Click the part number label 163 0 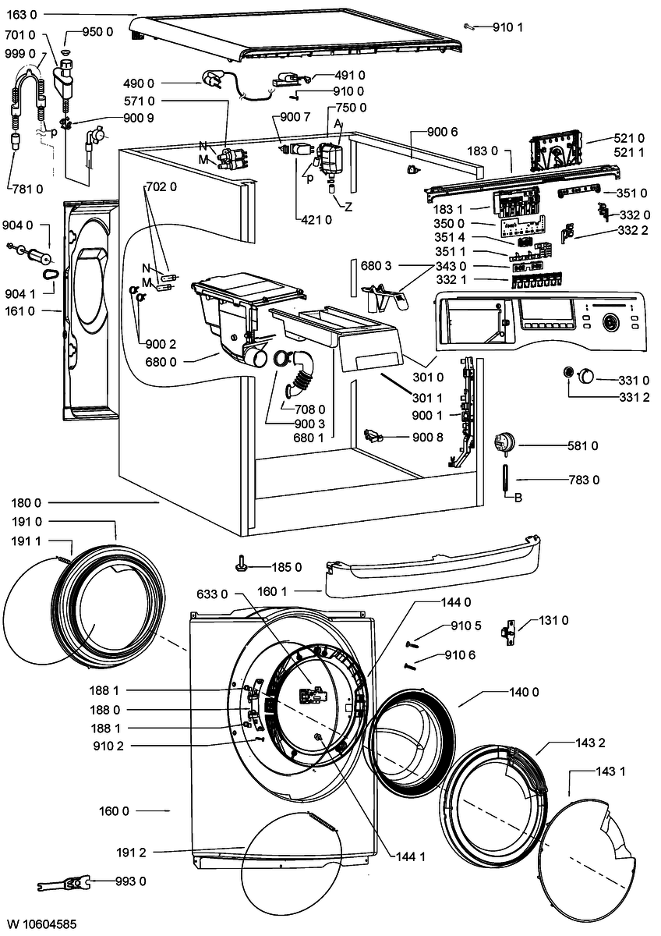22,15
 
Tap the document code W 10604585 42,923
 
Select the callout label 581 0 582,446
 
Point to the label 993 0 131,881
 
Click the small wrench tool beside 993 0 63,883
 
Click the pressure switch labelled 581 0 504,443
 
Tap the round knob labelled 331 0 585,375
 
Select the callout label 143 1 610,771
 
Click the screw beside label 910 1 469,27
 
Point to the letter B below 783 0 518,498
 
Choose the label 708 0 309,409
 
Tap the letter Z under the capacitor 348,207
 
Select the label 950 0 97,32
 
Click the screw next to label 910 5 412,645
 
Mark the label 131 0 553,620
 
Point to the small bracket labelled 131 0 508,633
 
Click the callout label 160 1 272,591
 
